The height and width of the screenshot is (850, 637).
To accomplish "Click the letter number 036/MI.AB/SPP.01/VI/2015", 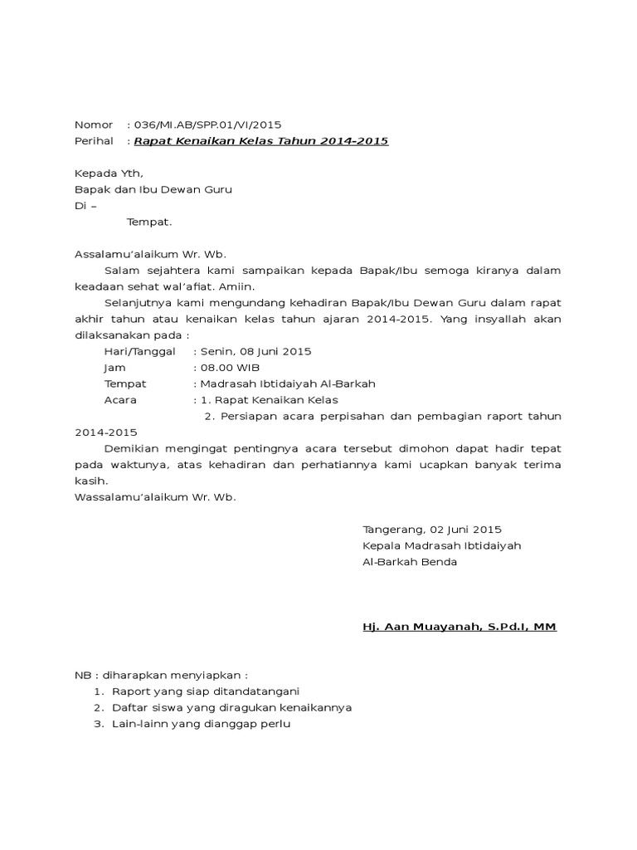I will pyautogui.click(x=207, y=125).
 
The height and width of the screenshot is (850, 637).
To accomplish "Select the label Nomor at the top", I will pyautogui.click(x=93, y=125).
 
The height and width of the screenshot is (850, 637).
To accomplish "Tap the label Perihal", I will pyautogui.click(x=94, y=142).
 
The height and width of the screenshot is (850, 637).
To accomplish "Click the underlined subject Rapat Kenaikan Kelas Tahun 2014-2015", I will pyautogui.click(x=260, y=142).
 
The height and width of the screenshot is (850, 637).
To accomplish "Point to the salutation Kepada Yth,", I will pyautogui.click(x=109, y=173).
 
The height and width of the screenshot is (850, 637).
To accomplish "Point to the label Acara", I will pyautogui.click(x=120, y=400).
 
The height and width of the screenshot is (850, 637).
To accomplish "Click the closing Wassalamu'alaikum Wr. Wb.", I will pyautogui.click(x=155, y=497).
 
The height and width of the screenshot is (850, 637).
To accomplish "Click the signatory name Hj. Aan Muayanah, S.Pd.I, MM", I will pyautogui.click(x=460, y=627).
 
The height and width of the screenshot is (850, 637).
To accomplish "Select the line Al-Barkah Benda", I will pyautogui.click(x=410, y=562).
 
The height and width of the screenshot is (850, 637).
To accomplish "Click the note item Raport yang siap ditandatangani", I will pyautogui.click(x=206, y=691).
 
